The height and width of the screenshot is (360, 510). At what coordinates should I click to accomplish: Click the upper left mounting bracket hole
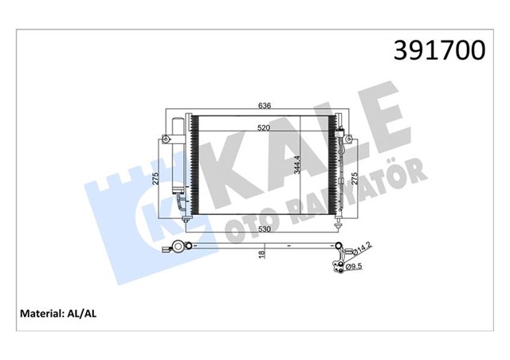[166, 140]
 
